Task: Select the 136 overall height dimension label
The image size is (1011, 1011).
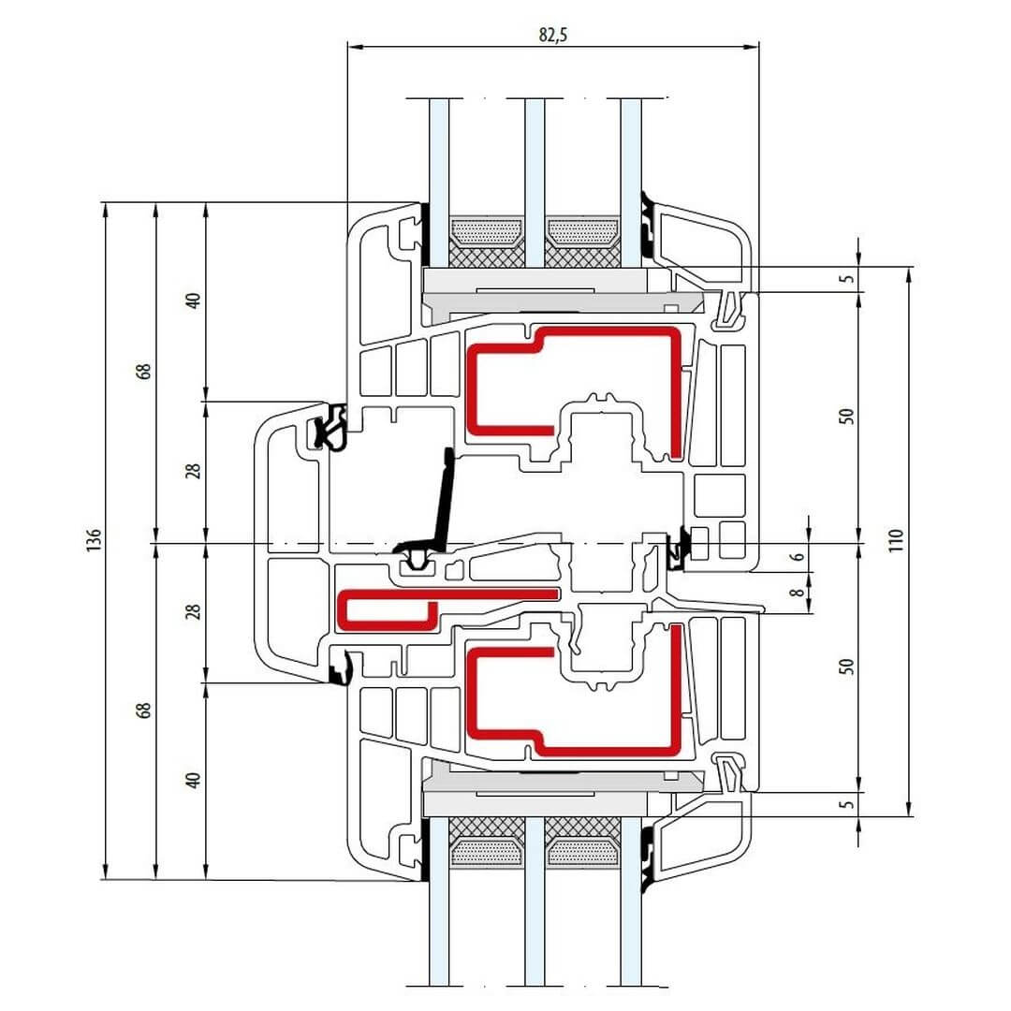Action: point(92,540)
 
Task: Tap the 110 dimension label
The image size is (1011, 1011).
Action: point(896,540)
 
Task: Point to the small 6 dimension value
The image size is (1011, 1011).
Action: point(796,557)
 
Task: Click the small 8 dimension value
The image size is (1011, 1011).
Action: point(796,592)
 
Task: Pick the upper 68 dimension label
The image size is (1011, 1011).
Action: point(142,371)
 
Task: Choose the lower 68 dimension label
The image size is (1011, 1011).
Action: point(142,710)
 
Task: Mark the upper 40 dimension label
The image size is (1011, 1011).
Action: point(193,301)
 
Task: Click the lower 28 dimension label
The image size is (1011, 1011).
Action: point(193,612)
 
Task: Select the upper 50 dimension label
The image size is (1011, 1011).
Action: point(846,417)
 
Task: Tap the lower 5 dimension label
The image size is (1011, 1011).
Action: point(846,803)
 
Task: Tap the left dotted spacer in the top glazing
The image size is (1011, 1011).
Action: point(487,230)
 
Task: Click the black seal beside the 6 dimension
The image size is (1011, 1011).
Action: point(681,547)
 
